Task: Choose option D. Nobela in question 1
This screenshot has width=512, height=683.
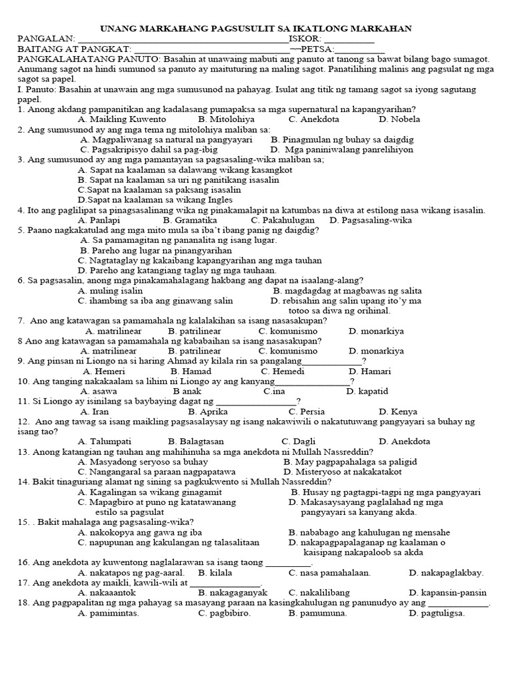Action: (x=399, y=119)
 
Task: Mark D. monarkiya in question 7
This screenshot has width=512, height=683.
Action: (x=376, y=331)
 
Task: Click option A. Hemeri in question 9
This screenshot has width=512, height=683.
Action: (x=104, y=371)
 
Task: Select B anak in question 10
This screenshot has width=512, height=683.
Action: (x=187, y=391)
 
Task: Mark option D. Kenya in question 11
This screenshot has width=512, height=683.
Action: (x=399, y=412)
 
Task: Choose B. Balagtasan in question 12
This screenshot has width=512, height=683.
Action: (x=196, y=442)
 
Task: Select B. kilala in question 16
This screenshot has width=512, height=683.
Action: (x=215, y=572)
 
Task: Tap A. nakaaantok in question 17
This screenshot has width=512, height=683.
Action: (x=107, y=592)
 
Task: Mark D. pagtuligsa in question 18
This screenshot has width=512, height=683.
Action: (x=437, y=613)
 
